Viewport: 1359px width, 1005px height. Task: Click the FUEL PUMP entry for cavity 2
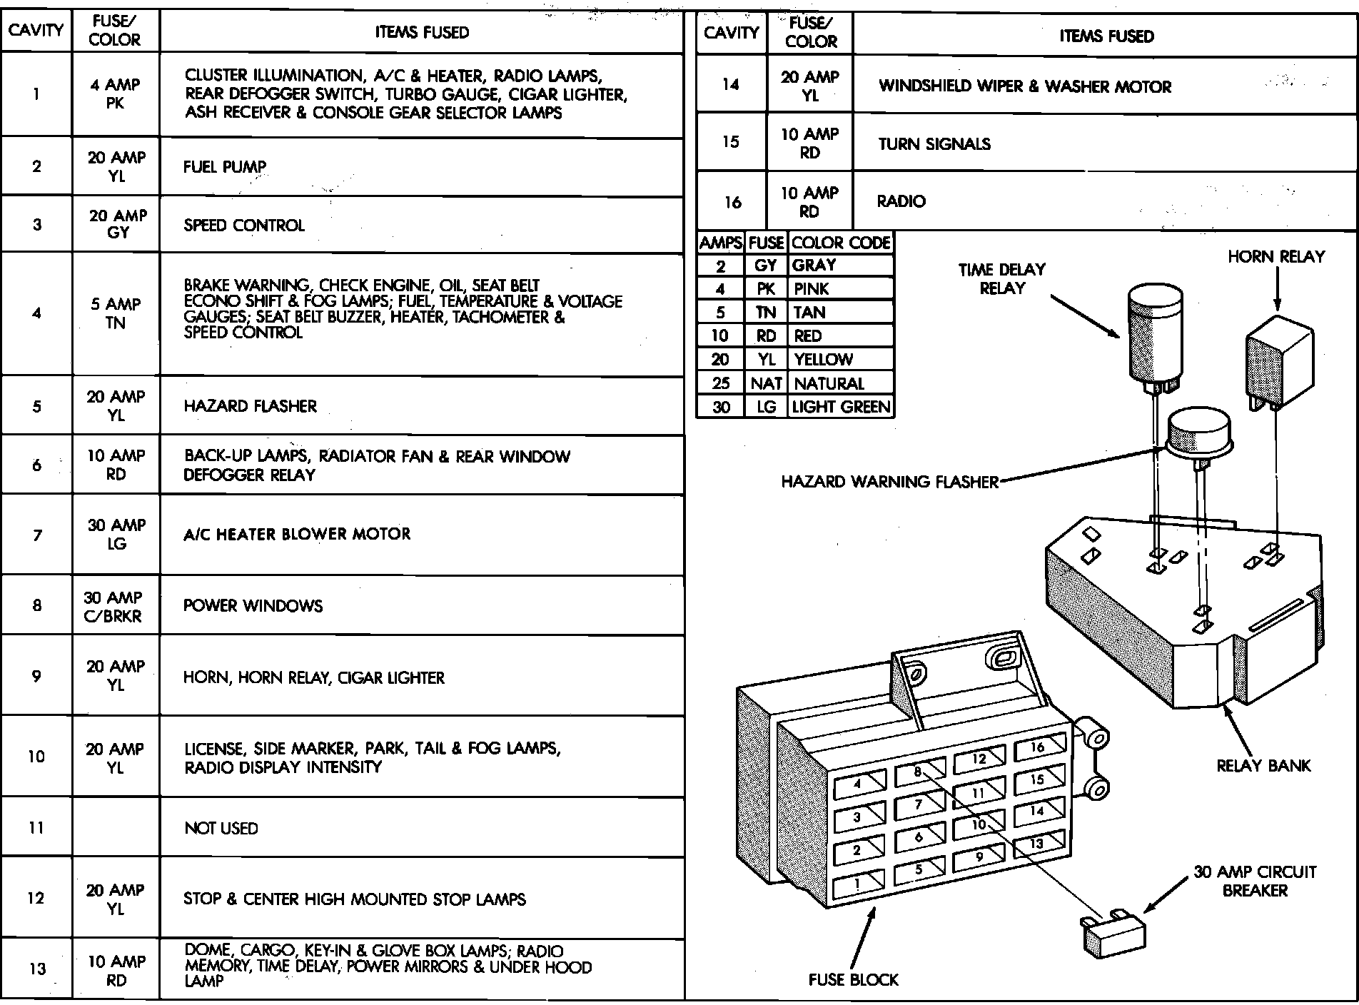tap(225, 167)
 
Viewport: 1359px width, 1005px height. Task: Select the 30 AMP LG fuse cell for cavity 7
tap(116, 535)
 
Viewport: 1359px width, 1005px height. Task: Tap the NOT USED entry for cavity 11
tap(221, 829)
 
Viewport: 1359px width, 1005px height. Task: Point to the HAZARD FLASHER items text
tap(250, 406)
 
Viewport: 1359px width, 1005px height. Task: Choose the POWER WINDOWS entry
tap(253, 606)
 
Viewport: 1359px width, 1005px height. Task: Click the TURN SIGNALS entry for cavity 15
tap(934, 144)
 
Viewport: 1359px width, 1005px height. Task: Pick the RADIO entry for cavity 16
tap(901, 202)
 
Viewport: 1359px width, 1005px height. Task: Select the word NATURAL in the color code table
tap(829, 384)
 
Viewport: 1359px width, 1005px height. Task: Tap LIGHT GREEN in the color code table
tap(842, 408)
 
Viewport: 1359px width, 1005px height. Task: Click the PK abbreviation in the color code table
tap(766, 289)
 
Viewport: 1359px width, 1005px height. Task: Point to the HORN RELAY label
tap(1276, 257)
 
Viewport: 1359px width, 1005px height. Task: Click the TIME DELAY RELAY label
tap(1001, 279)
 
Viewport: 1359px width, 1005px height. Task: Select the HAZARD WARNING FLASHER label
tap(889, 482)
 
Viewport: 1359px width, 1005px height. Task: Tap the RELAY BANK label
tap(1263, 766)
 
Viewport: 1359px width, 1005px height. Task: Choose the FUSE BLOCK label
tap(853, 980)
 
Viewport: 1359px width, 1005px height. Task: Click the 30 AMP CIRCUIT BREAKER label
tap(1255, 882)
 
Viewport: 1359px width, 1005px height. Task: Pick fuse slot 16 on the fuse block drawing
tap(1039, 748)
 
